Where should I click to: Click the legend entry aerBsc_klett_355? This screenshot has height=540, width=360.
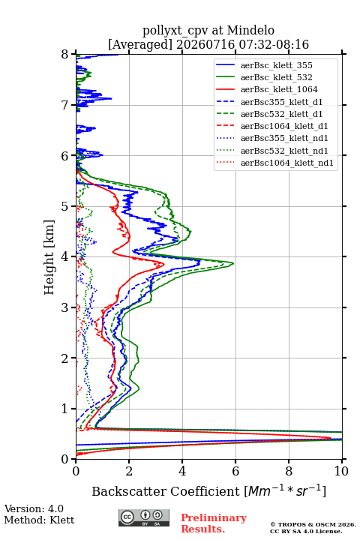tap(276, 65)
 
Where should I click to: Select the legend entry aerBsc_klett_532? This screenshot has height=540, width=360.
tap(276, 77)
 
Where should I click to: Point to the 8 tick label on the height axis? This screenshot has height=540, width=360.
tap(65, 55)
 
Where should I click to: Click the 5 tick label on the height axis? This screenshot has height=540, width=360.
tap(65, 206)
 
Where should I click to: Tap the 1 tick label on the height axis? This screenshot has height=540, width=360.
tap(65, 409)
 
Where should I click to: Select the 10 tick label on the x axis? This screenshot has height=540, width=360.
tap(341, 471)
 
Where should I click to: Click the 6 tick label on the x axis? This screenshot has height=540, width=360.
tap(235, 471)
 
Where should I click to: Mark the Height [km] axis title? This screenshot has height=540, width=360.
tap(49, 257)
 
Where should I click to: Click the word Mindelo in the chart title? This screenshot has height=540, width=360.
tap(250, 30)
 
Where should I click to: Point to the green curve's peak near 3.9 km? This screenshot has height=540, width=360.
tap(233, 263)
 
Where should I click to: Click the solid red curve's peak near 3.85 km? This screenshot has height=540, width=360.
tap(164, 264)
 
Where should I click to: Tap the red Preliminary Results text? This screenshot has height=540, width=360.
tap(214, 523)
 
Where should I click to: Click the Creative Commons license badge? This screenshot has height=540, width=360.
tap(144, 518)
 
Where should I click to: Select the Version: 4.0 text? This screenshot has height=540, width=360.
tap(34, 508)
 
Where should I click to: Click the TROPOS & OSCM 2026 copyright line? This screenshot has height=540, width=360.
tap(313, 524)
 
